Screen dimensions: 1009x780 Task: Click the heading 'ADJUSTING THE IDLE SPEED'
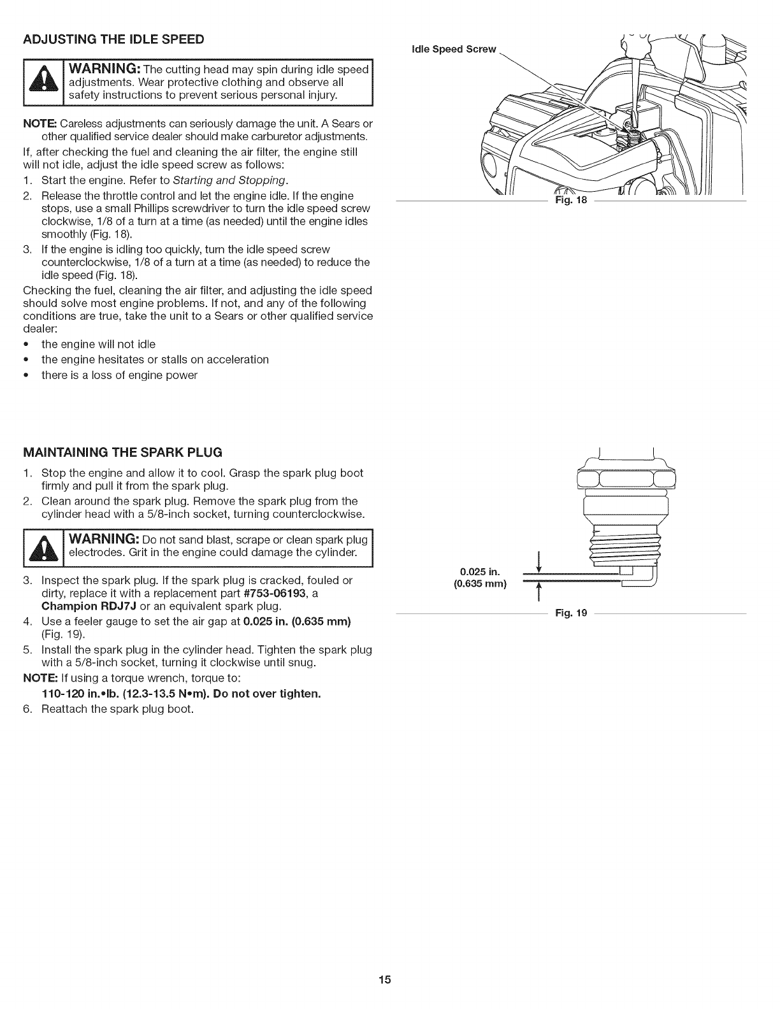pyautogui.click(x=113, y=39)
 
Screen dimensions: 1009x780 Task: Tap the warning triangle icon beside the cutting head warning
pyautogui.click(x=44, y=83)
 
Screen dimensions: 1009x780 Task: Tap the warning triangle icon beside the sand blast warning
pyautogui.click(x=44, y=547)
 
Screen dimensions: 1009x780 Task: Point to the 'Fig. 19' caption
pyautogui.click(x=571, y=613)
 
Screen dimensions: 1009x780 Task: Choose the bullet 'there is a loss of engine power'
pyautogui.click(x=119, y=375)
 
